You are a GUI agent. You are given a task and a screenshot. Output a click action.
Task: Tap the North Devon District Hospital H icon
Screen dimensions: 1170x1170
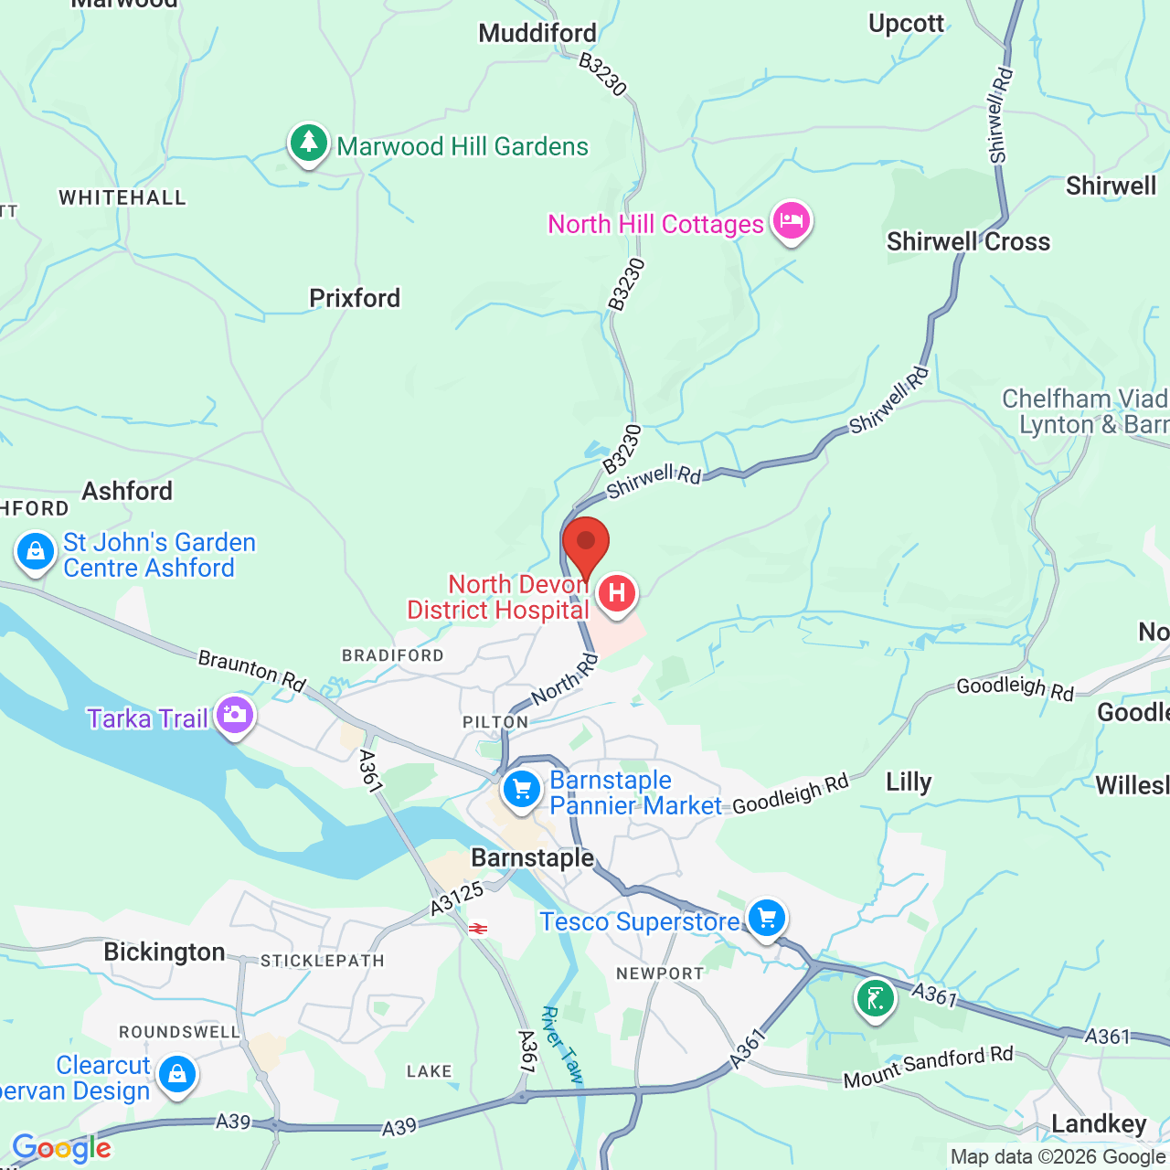click(x=617, y=594)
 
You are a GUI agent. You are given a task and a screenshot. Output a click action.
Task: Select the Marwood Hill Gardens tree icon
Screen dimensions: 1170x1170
click(x=309, y=144)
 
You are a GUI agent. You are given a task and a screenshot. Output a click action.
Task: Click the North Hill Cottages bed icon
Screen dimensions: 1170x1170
click(x=791, y=221)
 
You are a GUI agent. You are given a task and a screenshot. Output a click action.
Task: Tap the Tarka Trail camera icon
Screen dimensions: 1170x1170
click(x=235, y=716)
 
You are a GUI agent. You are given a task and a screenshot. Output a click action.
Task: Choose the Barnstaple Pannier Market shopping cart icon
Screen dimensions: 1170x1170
click(x=522, y=790)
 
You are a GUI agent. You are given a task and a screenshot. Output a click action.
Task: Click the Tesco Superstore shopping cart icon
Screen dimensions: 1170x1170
click(x=766, y=918)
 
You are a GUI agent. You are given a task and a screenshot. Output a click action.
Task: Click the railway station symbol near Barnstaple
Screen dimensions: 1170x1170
click(x=477, y=929)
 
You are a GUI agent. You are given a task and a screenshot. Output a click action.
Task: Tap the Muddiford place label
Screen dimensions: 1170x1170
click(x=537, y=34)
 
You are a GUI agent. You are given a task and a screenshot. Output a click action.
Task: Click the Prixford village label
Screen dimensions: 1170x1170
click(x=355, y=299)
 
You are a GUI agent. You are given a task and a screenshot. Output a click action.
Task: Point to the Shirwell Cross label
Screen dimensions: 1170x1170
click(x=968, y=242)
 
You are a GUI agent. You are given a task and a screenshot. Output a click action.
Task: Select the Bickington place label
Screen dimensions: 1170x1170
click(x=165, y=952)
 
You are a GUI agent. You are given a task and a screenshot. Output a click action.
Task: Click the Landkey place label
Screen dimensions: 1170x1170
click(x=1099, y=1124)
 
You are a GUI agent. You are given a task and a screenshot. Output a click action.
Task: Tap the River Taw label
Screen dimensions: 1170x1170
click(x=561, y=1045)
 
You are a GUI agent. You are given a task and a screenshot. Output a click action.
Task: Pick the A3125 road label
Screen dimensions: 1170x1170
click(x=457, y=899)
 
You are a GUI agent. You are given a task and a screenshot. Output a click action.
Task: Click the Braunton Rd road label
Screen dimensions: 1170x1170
click(x=252, y=671)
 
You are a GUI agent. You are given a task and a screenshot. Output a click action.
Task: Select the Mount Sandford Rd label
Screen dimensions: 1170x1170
click(x=928, y=1067)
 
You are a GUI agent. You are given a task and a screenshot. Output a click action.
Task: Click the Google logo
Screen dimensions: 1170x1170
click(x=61, y=1148)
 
